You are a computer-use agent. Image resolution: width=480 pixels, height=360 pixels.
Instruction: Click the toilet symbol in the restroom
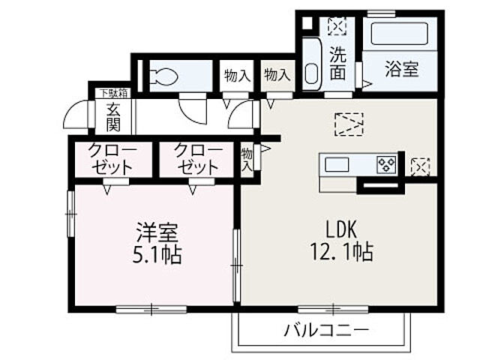coord(164,76)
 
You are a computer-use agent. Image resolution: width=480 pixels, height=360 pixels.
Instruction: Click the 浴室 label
coord(402,69)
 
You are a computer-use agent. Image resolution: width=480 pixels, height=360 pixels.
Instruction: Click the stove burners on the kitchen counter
coord(387,163)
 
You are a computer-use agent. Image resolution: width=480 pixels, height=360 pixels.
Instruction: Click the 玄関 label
coord(112,116)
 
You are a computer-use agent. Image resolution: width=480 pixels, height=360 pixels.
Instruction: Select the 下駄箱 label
coord(113,93)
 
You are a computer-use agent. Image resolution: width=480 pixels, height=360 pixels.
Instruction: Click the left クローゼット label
coord(112,157)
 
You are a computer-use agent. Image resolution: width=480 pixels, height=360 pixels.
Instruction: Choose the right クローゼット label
coord(198,157)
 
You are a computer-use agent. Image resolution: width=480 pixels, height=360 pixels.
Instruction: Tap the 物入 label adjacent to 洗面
coord(277,76)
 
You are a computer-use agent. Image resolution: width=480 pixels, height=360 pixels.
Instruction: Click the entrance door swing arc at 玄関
coord(76,116)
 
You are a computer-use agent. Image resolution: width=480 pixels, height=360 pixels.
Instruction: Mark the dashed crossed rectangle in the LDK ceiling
coord(349,124)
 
